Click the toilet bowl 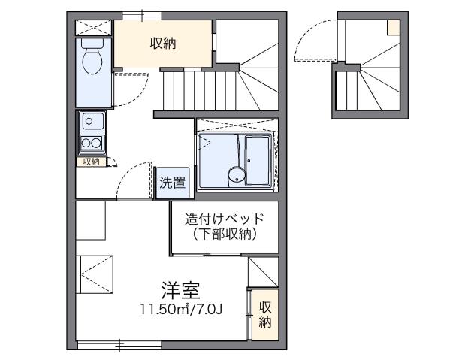[94, 60]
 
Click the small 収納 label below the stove [91, 162]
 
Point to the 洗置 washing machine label [172, 183]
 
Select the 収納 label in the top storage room [162, 44]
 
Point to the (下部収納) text [225, 234]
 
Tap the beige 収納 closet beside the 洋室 [264, 314]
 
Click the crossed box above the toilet [95, 26]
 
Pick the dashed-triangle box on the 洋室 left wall [94, 274]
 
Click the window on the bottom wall [120, 346]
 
